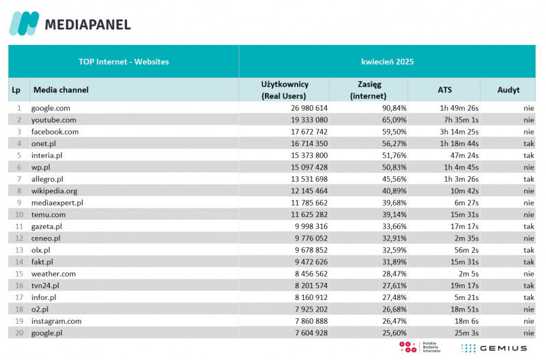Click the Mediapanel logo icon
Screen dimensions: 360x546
(x=24, y=24)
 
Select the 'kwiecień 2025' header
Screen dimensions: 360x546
(x=387, y=61)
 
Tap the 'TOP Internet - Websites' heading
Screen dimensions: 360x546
(x=124, y=61)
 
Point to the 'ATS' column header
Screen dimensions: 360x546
(x=444, y=89)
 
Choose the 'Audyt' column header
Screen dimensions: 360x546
(x=508, y=89)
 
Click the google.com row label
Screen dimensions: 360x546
(x=51, y=108)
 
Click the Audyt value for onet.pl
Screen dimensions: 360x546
(x=528, y=143)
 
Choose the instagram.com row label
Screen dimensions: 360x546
(x=56, y=321)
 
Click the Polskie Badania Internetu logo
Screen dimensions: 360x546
(x=420, y=348)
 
